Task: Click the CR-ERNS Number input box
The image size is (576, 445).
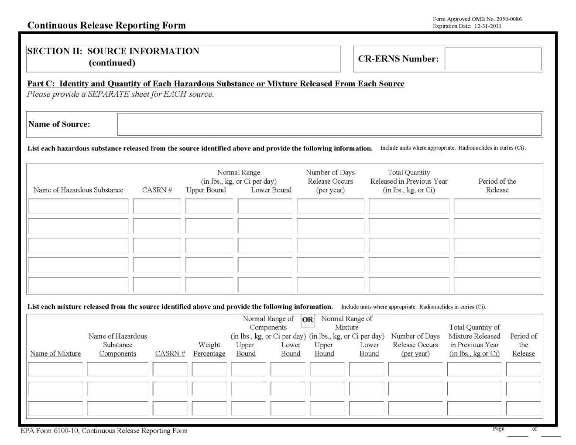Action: (x=493, y=59)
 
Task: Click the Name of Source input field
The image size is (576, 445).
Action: (x=329, y=124)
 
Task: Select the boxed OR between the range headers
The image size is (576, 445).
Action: (x=308, y=320)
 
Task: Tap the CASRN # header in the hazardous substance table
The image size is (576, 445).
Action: (x=157, y=190)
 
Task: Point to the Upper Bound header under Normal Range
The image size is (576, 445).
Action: (x=206, y=190)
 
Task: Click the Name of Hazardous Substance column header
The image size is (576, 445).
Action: (x=79, y=190)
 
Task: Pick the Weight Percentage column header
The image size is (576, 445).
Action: (x=209, y=349)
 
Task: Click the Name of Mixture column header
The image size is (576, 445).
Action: (x=55, y=354)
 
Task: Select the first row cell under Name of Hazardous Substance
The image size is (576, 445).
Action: (x=79, y=206)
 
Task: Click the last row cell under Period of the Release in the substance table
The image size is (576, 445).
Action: (x=497, y=284)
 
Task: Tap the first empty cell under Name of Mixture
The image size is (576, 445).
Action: (x=55, y=369)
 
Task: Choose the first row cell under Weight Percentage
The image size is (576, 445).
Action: (x=209, y=369)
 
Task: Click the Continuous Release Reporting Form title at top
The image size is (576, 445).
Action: (x=106, y=25)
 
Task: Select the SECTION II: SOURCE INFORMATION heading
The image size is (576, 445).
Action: (x=113, y=51)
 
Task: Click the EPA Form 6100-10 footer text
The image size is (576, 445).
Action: (x=104, y=431)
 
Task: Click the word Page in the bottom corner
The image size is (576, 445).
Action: (x=498, y=429)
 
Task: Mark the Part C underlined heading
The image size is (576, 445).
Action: (x=216, y=84)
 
